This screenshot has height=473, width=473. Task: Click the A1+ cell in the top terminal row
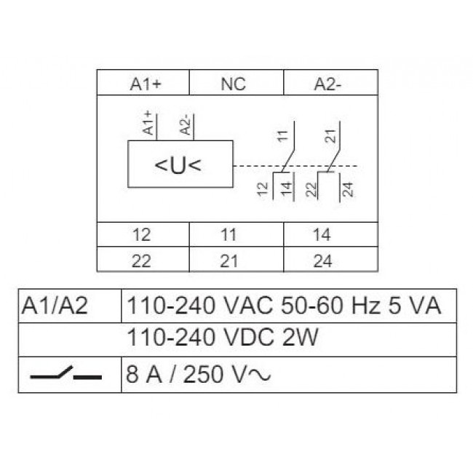coord(143,82)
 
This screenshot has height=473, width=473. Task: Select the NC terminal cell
coord(236,82)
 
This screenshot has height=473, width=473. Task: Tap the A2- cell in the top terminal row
coord(331,82)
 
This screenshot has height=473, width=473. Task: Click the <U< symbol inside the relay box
coord(178,165)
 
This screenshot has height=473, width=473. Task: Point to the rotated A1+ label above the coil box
coord(148,123)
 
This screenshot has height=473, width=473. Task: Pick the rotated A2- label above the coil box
coord(186,124)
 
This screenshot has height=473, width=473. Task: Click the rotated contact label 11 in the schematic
coord(283,136)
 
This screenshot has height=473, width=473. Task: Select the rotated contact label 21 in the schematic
coord(330,136)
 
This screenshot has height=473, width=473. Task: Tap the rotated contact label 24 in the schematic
coord(348,189)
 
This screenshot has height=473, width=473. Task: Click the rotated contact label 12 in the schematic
coord(263,189)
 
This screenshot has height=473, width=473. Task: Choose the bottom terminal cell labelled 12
coord(143,235)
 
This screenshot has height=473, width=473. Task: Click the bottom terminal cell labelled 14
coord(331,235)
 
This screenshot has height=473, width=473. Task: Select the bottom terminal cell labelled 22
coord(143,260)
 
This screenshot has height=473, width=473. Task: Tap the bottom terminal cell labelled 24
coord(331,260)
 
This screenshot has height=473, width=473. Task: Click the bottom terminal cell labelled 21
coord(236,260)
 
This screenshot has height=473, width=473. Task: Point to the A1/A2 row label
coord(55,306)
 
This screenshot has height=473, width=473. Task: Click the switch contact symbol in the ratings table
coord(66,373)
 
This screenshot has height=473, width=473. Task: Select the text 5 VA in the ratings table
coord(414,306)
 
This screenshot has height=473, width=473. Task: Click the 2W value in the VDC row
coord(300,337)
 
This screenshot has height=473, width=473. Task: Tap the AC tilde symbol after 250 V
coord(259,375)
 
